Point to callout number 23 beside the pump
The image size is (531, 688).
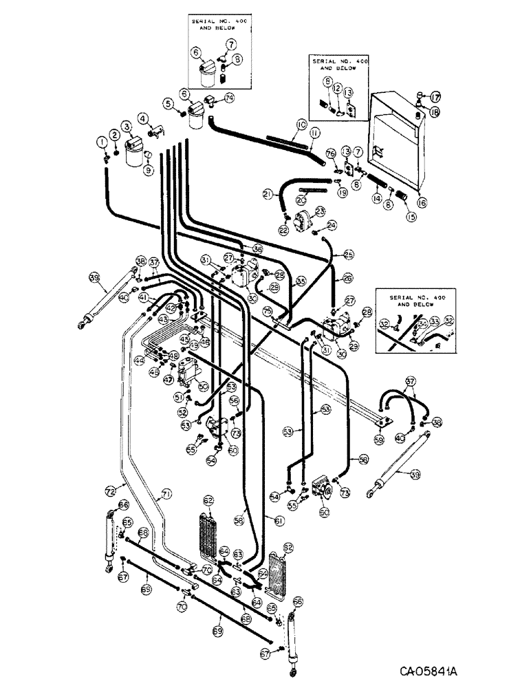click(320, 212)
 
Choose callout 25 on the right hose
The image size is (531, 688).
click(349, 255)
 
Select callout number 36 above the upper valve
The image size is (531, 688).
click(258, 249)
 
